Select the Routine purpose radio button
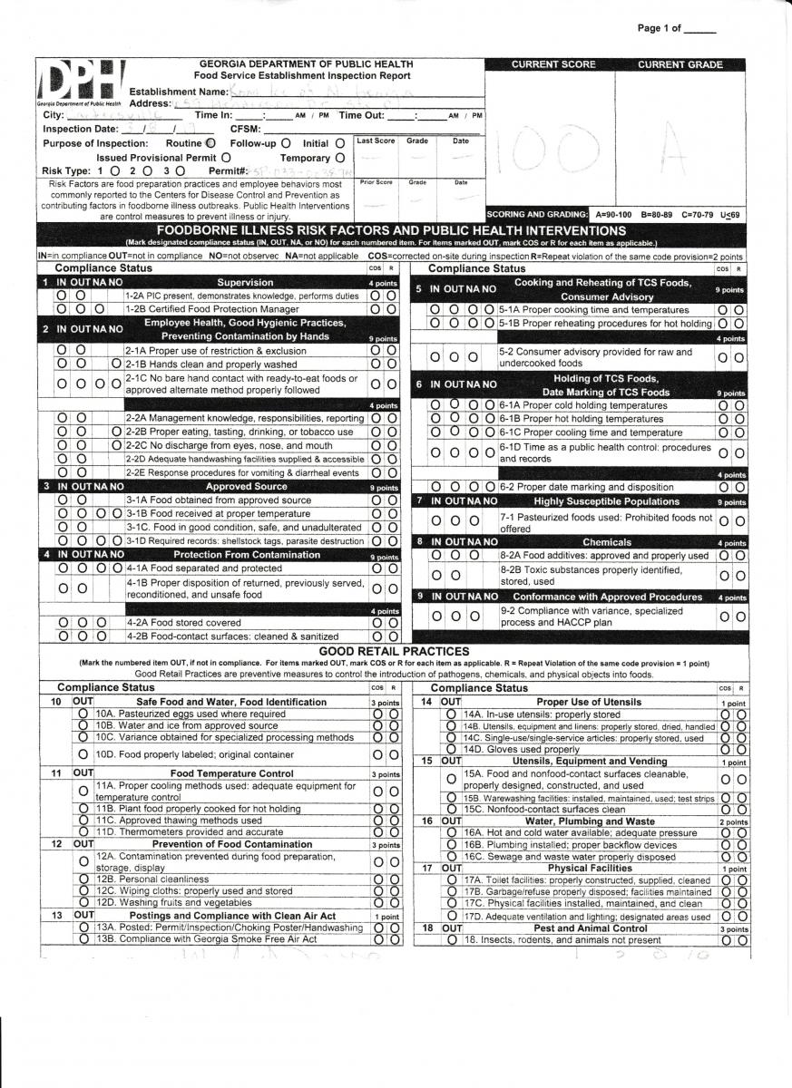click(210, 143)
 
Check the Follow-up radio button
click(286, 143)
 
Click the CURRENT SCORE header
click(553, 65)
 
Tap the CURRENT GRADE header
click(680, 65)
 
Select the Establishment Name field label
click(179, 92)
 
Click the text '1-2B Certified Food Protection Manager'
click(211, 309)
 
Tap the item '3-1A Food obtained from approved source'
click(218, 500)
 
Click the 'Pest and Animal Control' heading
click(590, 928)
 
